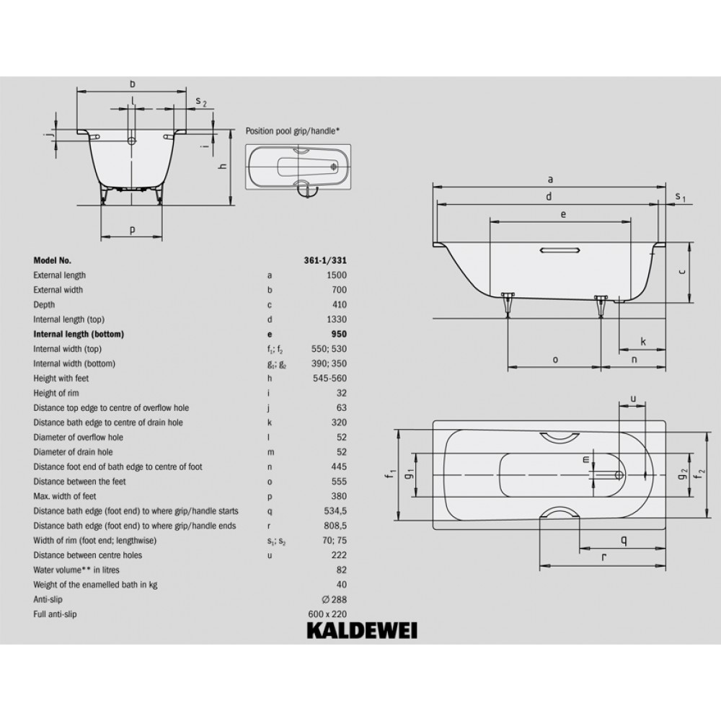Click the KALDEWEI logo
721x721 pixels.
tap(362, 630)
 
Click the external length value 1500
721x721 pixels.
tap(337, 275)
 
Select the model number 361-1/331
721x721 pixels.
tap(325, 260)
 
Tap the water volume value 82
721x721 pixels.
tap(341, 570)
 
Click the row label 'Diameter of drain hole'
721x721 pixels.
tap(73, 452)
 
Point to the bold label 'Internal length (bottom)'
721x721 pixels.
tap(79, 335)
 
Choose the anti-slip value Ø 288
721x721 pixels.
tap(335, 599)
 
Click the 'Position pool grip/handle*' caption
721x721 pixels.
tap(293, 131)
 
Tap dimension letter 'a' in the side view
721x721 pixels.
tap(550, 180)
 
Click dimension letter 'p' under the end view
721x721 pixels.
tap(132, 230)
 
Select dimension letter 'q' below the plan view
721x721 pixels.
tap(624, 539)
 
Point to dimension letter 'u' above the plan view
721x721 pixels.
tap(633, 399)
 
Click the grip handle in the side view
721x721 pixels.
tap(560, 250)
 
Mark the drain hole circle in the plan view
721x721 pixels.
tap(619, 474)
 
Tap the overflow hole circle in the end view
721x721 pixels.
tap(132, 141)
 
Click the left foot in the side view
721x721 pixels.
tap(508, 304)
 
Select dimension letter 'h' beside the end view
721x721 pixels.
tap(222, 166)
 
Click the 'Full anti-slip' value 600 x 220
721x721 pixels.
tap(327, 614)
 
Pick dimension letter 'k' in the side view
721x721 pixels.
tap(643, 341)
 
